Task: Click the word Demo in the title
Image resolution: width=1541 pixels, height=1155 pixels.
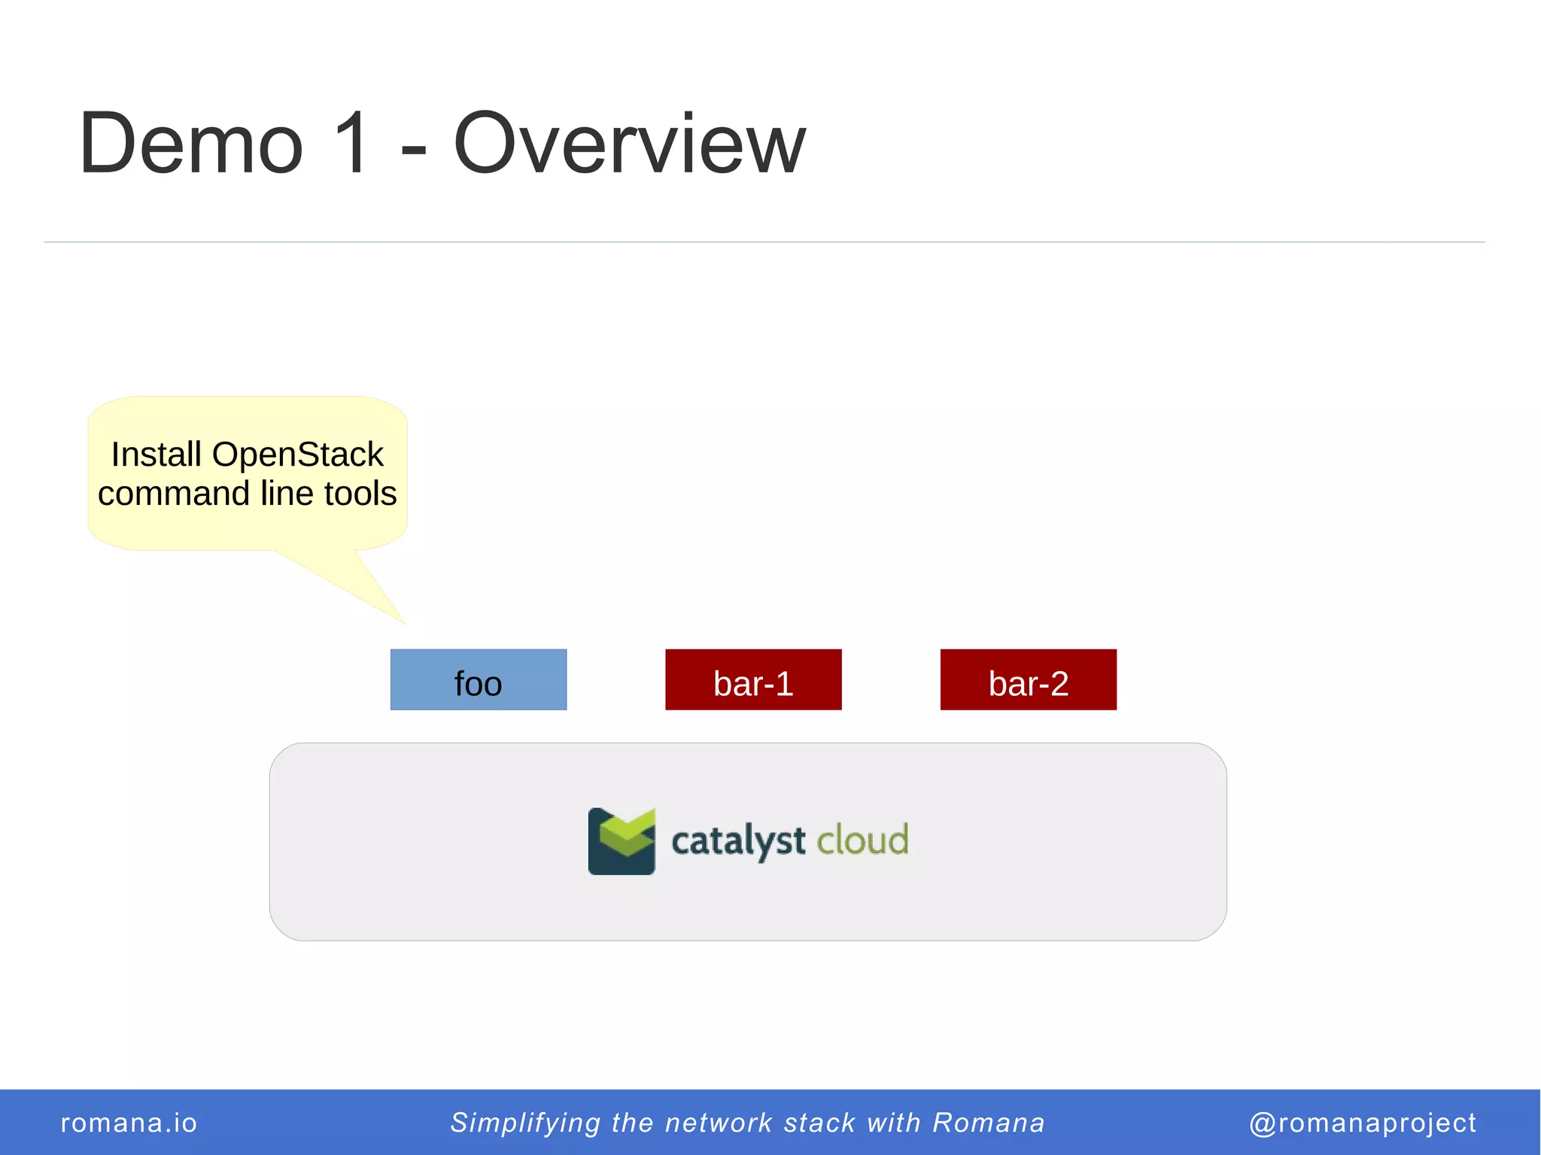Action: (x=191, y=143)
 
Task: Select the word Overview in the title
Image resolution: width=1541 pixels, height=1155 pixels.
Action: (x=629, y=143)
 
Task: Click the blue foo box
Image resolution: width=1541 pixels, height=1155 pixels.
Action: (x=478, y=679)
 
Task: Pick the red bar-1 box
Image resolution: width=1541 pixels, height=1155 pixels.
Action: (x=753, y=679)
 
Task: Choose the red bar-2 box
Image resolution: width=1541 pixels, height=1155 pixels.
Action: (x=1028, y=679)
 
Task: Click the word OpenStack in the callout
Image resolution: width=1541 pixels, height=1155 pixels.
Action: (x=297, y=454)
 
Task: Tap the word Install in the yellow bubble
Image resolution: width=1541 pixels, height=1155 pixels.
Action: (x=156, y=454)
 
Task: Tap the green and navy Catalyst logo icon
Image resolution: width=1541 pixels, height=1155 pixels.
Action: (x=622, y=841)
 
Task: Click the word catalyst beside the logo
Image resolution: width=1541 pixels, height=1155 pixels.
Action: (x=737, y=841)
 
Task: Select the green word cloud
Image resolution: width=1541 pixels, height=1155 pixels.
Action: (x=862, y=840)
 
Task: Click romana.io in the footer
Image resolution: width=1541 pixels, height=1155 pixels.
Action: (x=129, y=1123)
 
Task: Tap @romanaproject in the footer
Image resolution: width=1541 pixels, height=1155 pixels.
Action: (x=1362, y=1123)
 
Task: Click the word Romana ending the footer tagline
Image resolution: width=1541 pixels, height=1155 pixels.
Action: (x=989, y=1123)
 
